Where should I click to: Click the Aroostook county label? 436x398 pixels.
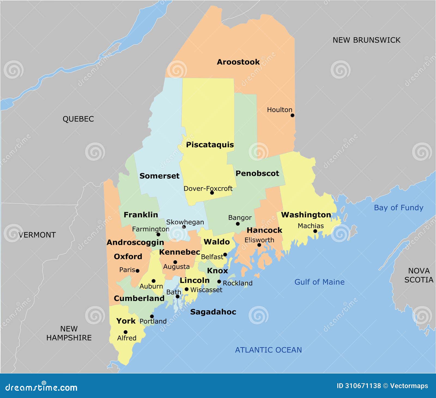tap(238, 62)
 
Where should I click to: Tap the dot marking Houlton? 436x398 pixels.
tap(292, 115)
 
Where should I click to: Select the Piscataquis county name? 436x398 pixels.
tap(210, 145)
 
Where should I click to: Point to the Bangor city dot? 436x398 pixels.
tap(238, 224)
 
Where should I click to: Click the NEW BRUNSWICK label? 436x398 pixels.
tap(366, 40)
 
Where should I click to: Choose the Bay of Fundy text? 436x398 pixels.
tap(398, 208)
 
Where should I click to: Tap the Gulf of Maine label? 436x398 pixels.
tap(319, 282)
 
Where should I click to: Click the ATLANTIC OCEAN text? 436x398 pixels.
tap(268, 350)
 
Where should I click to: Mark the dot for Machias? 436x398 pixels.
tap(315, 231)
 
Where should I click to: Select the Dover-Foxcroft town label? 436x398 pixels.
tap(208, 188)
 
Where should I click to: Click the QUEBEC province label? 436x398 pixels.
tap(78, 119)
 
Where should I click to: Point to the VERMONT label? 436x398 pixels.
tap(37, 235)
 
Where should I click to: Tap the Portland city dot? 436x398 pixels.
tap(152, 316)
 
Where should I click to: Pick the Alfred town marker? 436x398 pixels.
tap(126, 332)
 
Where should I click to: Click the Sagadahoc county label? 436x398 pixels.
tap(213, 312)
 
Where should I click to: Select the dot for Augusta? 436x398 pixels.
tap(175, 262)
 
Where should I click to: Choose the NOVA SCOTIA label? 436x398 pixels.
tap(419, 275)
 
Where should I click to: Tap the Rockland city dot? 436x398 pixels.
tap(219, 282)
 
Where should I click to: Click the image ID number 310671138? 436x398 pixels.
tap(363, 386)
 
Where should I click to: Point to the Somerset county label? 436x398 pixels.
tap(159, 176)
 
